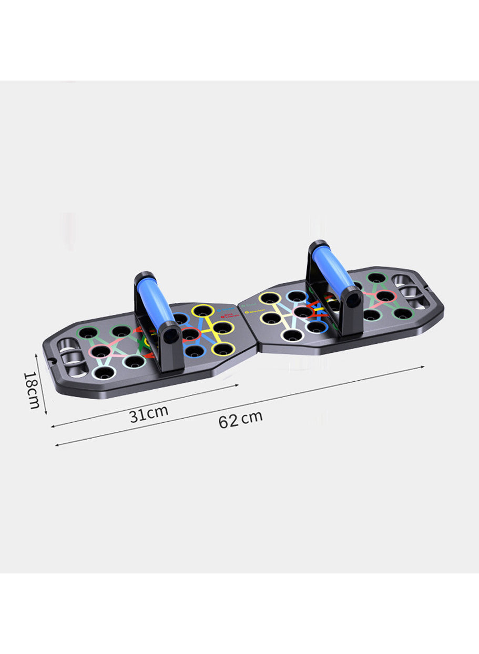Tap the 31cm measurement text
click(149, 413)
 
